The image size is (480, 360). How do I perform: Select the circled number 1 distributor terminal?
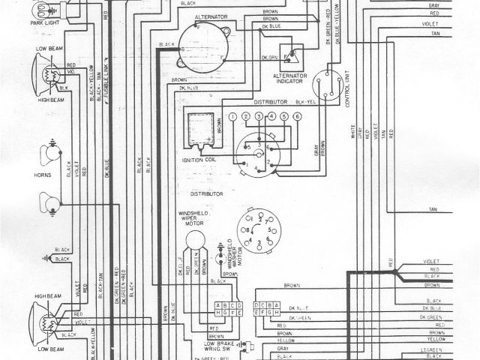coord(233,117)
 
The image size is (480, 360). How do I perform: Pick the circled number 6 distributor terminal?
coord(297,117)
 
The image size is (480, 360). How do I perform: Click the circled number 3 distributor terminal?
coord(259,117)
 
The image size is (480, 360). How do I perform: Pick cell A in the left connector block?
coord(217,306)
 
